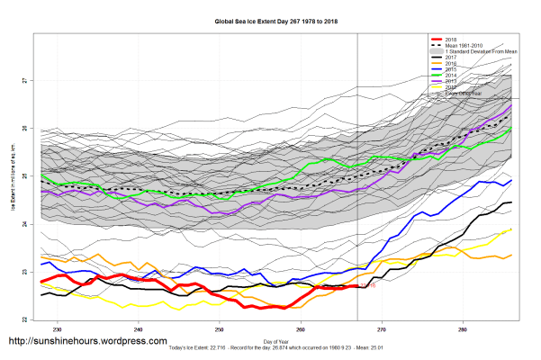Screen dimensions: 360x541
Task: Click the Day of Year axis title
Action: click(276, 340)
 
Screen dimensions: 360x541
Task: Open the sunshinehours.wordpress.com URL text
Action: click(87, 342)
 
